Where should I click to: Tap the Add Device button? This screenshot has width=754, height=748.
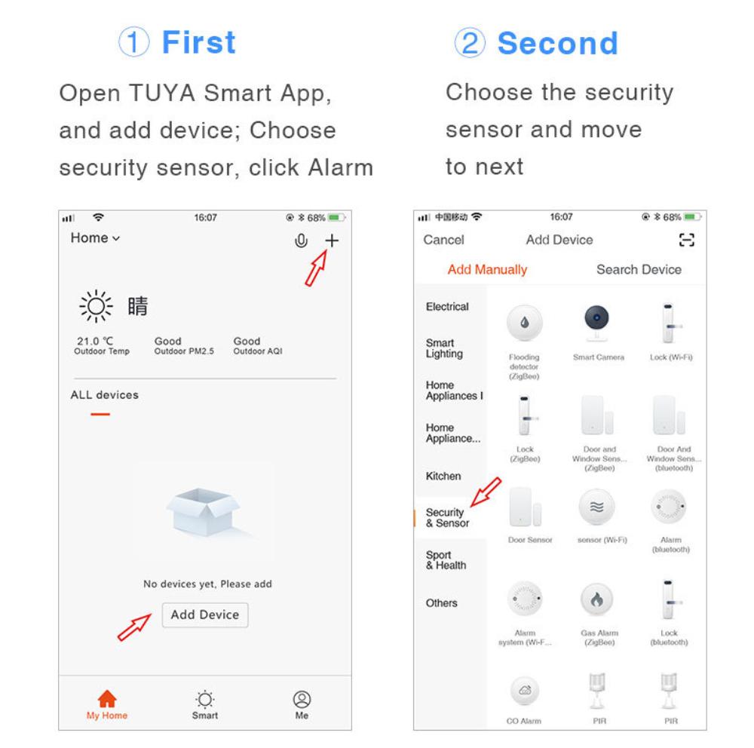coord(204,615)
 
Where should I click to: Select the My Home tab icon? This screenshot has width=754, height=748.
coord(108,698)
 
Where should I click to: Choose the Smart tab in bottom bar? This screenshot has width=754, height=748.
coord(204,704)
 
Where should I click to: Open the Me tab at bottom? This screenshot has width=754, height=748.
coord(302,704)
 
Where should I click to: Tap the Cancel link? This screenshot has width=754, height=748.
coord(443,240)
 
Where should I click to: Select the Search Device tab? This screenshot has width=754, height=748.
coord(638,269)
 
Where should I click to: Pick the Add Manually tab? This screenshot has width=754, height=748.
coord(487,269)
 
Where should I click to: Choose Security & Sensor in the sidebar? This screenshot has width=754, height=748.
coord(447,517)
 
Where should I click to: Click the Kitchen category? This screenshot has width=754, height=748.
coord(443,476)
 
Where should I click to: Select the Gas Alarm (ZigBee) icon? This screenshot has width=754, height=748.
coord(599,600)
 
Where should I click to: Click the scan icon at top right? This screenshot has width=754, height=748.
coord(687,240)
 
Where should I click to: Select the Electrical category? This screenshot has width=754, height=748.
coord(447,307)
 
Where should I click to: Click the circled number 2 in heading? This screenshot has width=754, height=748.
coord(470,44)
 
